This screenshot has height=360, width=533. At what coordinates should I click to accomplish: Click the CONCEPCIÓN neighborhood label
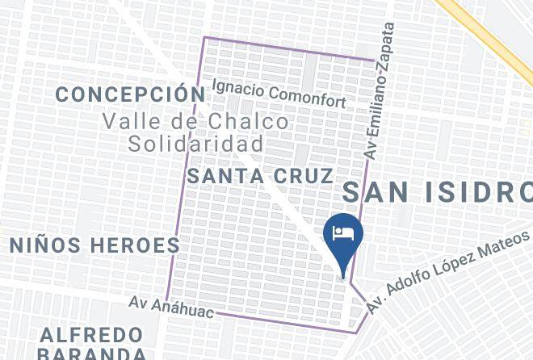[131, 94]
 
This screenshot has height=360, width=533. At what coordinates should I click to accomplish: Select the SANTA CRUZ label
[259, 176]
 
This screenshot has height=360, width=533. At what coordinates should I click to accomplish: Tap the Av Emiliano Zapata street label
[380, 89]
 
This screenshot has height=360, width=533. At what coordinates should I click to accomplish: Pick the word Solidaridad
[196, 144]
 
